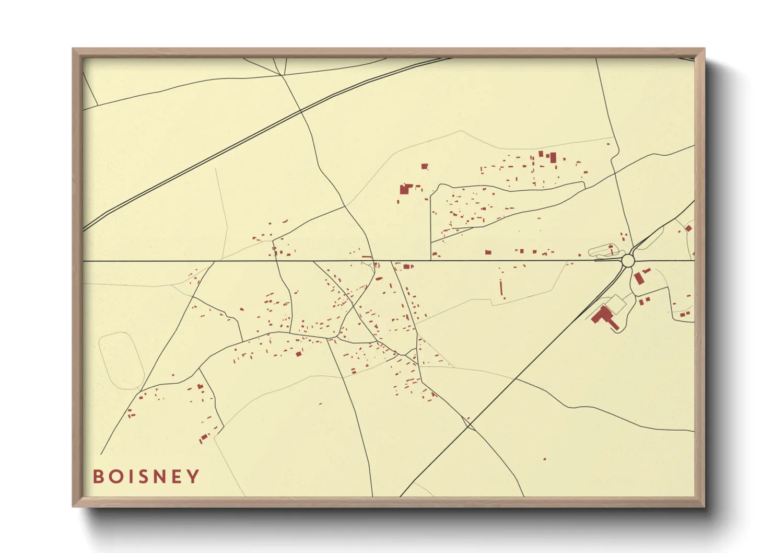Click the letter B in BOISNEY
tap(98, 476)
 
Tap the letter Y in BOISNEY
tap(194, 476)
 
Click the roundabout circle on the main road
tap(628, 260)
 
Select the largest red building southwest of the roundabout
tap(604, 317)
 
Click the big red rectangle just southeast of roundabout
tap(638, 278)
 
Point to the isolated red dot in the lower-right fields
tap(545, 459)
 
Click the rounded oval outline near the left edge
tap(121, 361)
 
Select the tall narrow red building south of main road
tap(502, 288)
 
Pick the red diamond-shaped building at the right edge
tap(688, 228)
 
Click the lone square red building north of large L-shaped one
tap(425, 166)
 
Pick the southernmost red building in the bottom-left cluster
tap(203, 438)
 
